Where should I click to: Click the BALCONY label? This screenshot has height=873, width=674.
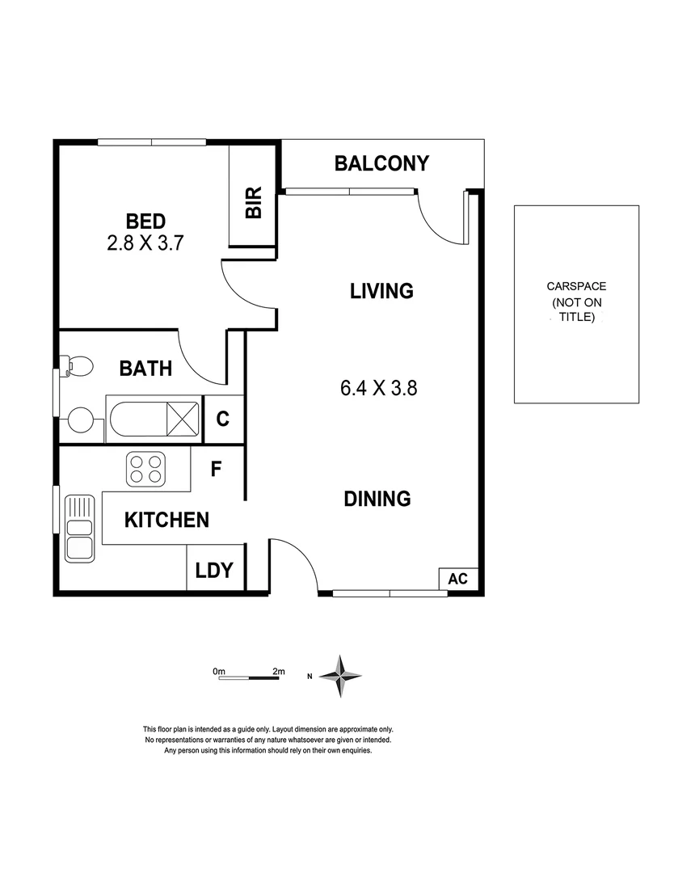click(x=381, y=164)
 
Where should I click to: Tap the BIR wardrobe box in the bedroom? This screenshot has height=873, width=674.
click(x=254, y=200)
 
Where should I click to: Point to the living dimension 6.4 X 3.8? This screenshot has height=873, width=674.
click(x=378, y=388)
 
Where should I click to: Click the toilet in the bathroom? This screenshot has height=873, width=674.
click(x=78, y=366)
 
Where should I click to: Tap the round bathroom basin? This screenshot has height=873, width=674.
click(x=82, y=419)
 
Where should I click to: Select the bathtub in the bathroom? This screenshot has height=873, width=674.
click(x=154, y=419)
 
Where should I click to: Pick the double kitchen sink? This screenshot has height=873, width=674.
click(x=79, y=538)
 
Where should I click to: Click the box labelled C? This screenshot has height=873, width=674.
click(x=223, y=420)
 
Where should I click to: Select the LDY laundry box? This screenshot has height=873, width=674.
click(x=214, y=571)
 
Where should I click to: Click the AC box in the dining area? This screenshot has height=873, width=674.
click(x=457, y=579)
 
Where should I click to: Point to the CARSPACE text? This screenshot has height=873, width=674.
click(x=575, y=286)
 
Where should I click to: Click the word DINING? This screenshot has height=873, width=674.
click(x=377, y=500)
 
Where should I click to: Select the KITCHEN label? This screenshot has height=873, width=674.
click(x=166, y=520)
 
